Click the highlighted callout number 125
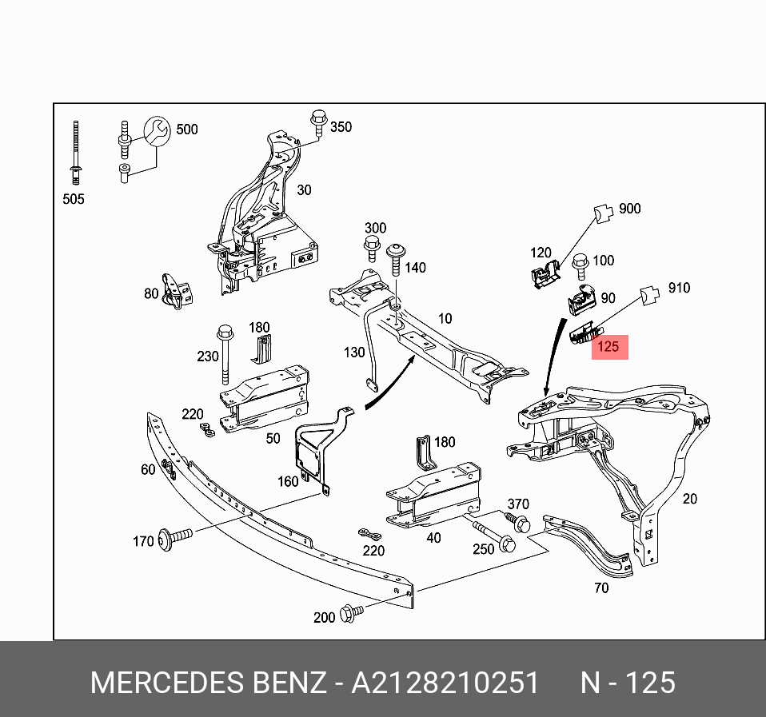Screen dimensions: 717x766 608,347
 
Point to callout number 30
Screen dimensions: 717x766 304,190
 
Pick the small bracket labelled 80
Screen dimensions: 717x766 176,291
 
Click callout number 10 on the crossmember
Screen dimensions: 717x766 444,319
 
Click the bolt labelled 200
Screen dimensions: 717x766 350,613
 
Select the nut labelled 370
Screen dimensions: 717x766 521,524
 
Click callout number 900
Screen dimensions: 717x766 629,209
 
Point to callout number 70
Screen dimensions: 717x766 600,588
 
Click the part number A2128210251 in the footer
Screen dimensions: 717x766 446,683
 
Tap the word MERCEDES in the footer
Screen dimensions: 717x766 165,683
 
